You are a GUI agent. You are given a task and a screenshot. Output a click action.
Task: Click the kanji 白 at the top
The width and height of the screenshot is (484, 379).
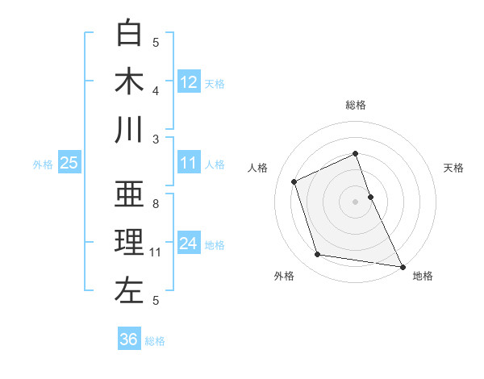pos(129,34)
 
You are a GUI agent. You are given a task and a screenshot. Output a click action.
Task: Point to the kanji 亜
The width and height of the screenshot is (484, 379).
pos(129,194)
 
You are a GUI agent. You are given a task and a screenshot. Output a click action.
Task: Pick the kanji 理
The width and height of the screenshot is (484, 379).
pos(129,243)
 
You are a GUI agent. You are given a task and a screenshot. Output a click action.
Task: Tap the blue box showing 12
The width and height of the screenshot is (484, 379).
pos(189,81)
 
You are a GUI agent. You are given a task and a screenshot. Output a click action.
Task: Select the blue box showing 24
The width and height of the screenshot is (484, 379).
pos(189,243)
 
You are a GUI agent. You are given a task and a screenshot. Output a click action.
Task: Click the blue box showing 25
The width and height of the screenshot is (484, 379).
pos(69,163)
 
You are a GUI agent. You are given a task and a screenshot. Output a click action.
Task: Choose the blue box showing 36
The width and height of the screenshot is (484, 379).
pos(128,339)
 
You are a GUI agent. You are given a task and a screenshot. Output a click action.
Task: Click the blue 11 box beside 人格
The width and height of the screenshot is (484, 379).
pos(189,162)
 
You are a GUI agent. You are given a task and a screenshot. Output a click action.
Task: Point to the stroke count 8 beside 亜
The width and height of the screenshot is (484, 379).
pos(156,204)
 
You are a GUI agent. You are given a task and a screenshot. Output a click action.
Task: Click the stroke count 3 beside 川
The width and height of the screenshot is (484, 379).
pos(156,139)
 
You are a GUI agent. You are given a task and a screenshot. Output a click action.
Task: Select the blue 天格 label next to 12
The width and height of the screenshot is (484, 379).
pos(215,83)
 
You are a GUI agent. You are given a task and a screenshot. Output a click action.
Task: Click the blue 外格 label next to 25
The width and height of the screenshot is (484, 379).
pos(43,165)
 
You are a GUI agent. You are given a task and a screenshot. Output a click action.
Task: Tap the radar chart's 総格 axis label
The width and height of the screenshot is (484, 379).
pos(356,105)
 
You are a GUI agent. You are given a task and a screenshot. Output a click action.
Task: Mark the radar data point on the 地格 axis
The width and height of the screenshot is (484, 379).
pos(402,266)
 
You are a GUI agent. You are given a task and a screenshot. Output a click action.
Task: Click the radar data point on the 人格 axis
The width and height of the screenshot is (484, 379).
pos(294,181)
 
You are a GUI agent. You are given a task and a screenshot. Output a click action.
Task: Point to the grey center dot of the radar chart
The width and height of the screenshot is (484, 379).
pos(356,201)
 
